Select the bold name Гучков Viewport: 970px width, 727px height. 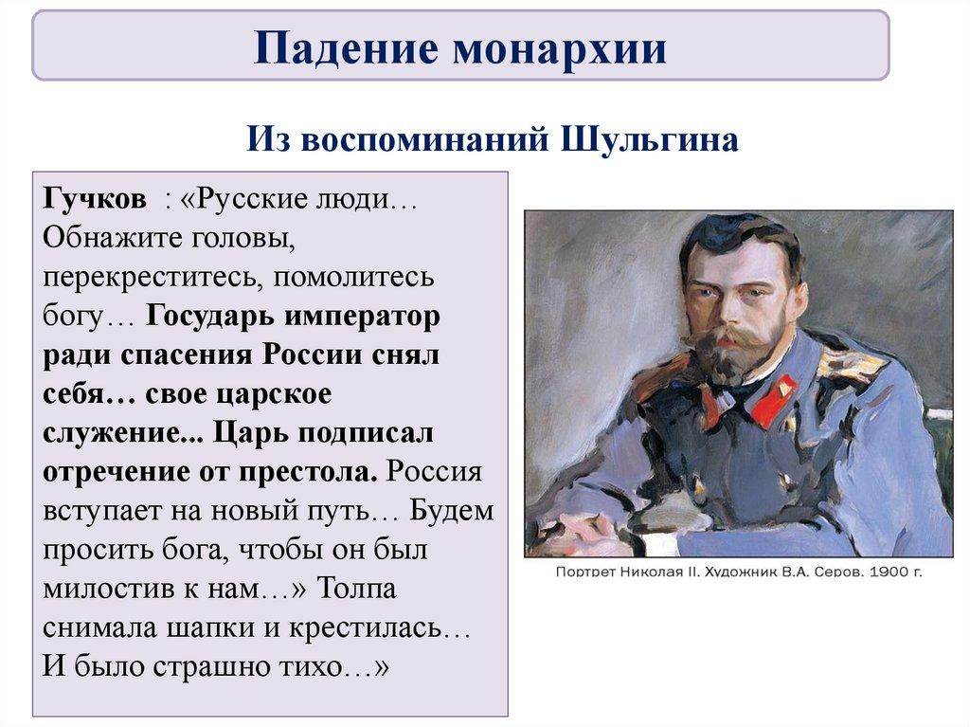[x=94, y=200]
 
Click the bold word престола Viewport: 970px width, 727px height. [x=307, y=472]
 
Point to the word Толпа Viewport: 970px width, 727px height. [x=357, y=589]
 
